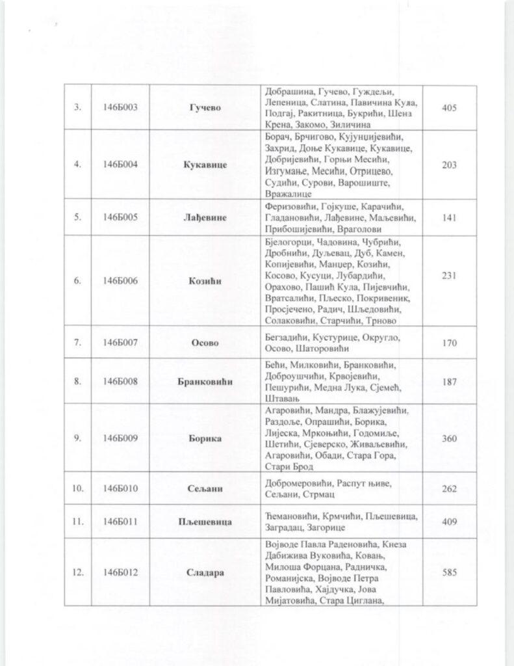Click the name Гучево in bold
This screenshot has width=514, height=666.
pos(205,107)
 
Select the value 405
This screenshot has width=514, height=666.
pos(449,107)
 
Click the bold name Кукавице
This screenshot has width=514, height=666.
pos(205,165)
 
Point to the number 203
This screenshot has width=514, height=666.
pos(449,165)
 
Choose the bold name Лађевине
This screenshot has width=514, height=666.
pos(205,217)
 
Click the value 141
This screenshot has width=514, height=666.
pos(449,217)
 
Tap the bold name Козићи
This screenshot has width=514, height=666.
pos(205,281)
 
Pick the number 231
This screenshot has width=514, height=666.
pos(449,275)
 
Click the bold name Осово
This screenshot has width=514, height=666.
pos(205,343)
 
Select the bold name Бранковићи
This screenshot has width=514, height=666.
pos(205,381)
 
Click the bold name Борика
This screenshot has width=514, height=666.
pos(205,438)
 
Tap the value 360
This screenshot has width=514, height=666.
pos(449,438)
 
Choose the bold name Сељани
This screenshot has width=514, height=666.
pos(205,488)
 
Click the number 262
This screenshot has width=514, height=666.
pos(449,488)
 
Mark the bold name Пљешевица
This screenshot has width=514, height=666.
pos(205,521)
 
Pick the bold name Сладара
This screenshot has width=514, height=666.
pos(205,573)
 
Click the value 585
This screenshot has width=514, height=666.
pos(449,573)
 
